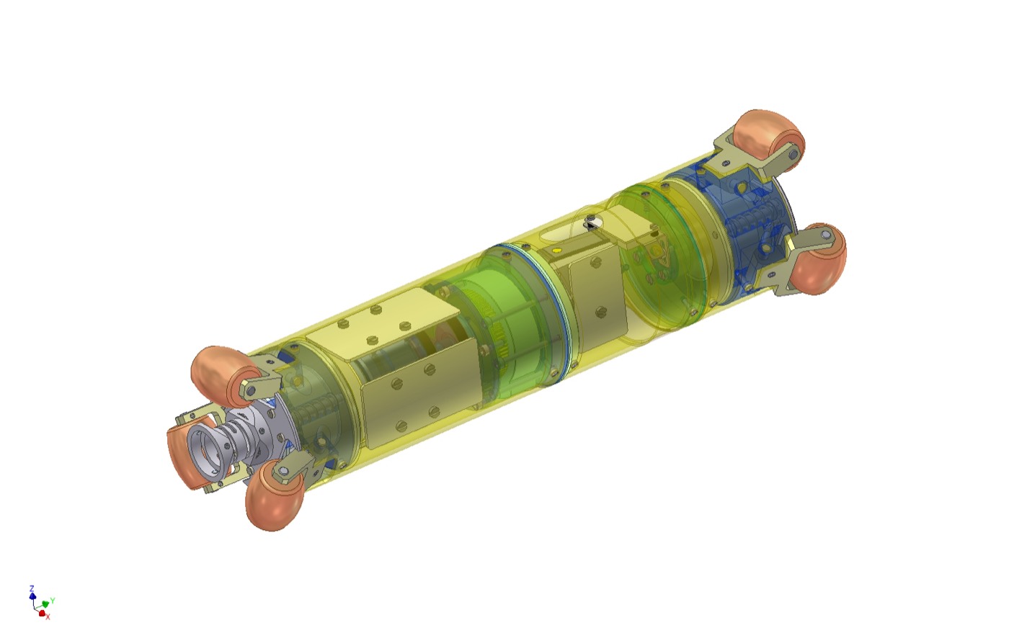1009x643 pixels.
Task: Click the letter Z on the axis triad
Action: [32, 588]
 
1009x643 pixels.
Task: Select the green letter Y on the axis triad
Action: [53, 601]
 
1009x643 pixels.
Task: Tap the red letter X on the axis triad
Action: [48, 617]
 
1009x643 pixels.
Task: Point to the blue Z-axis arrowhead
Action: [32, 595]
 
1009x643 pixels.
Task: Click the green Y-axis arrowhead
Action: [45, 604]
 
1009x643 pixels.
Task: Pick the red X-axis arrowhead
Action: [42, 613]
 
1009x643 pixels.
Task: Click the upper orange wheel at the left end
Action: [225, 377]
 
